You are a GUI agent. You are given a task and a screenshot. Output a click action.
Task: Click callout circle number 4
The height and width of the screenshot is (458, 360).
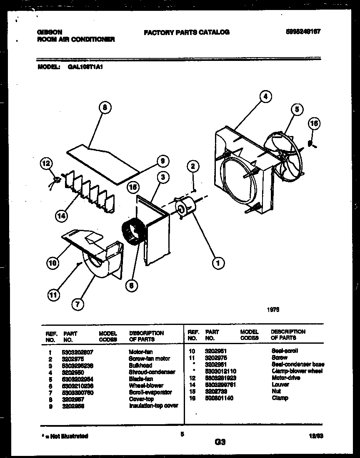tap(265, 97)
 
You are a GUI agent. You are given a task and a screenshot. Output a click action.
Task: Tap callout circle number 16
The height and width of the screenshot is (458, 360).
tap(314, 123)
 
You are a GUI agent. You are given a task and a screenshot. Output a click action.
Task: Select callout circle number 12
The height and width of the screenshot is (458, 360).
tap(47, 164)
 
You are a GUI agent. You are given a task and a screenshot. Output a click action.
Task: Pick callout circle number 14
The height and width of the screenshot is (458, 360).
tap(61, 215)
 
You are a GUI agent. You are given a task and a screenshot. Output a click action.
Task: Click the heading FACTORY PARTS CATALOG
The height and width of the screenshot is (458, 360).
tap(186, 32)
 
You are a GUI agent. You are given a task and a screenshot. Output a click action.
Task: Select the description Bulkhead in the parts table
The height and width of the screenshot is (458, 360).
tap(140, 365)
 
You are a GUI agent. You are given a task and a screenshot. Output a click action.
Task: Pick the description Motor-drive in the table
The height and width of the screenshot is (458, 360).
tap(286, 378)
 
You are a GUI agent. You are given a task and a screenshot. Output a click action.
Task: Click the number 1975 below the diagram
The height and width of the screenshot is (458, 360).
tap(272, 310)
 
